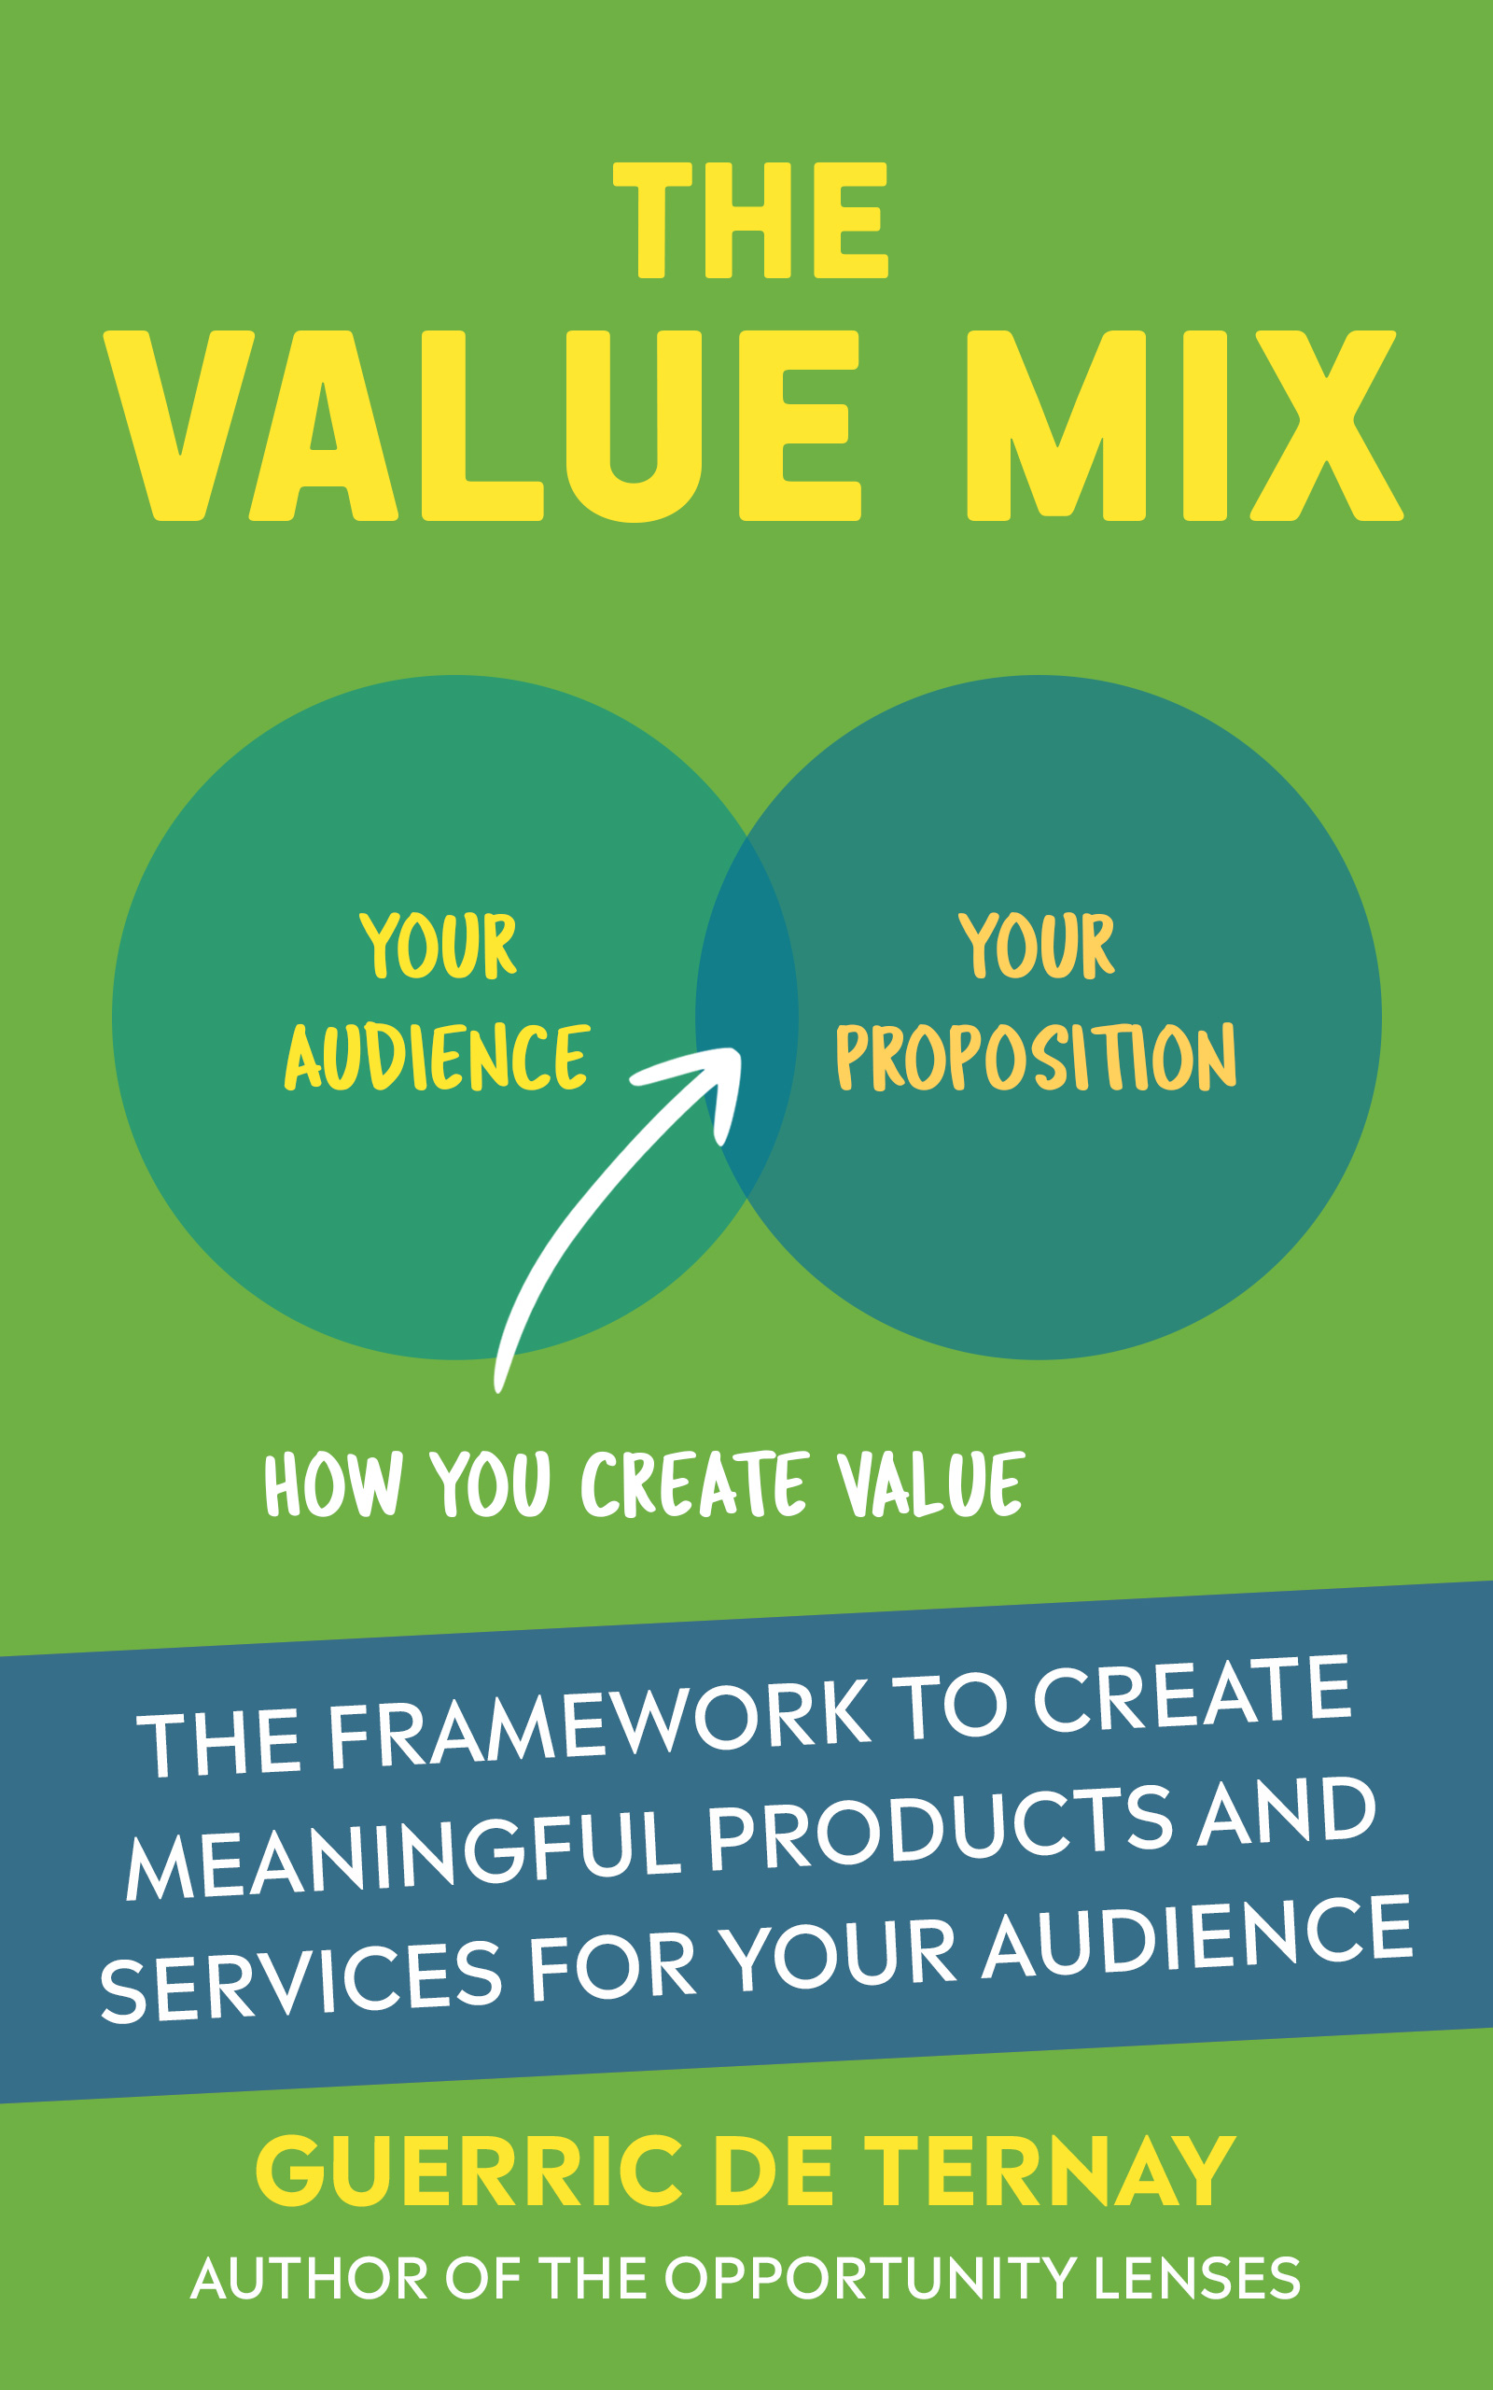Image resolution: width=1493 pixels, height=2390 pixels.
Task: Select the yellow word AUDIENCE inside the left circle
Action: point(438,1058)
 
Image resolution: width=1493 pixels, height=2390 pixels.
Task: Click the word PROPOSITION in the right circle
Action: point(1036,1058)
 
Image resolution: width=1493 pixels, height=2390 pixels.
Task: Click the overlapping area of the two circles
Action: point(746,1018)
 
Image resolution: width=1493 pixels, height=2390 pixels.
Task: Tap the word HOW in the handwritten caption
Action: point(333,1485)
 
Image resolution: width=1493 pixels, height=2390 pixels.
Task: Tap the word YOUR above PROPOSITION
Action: point(1036,946)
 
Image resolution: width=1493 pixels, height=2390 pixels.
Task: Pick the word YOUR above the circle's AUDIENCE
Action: point(438,946)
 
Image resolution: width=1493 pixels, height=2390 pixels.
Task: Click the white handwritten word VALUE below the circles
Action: point(930,1485)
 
